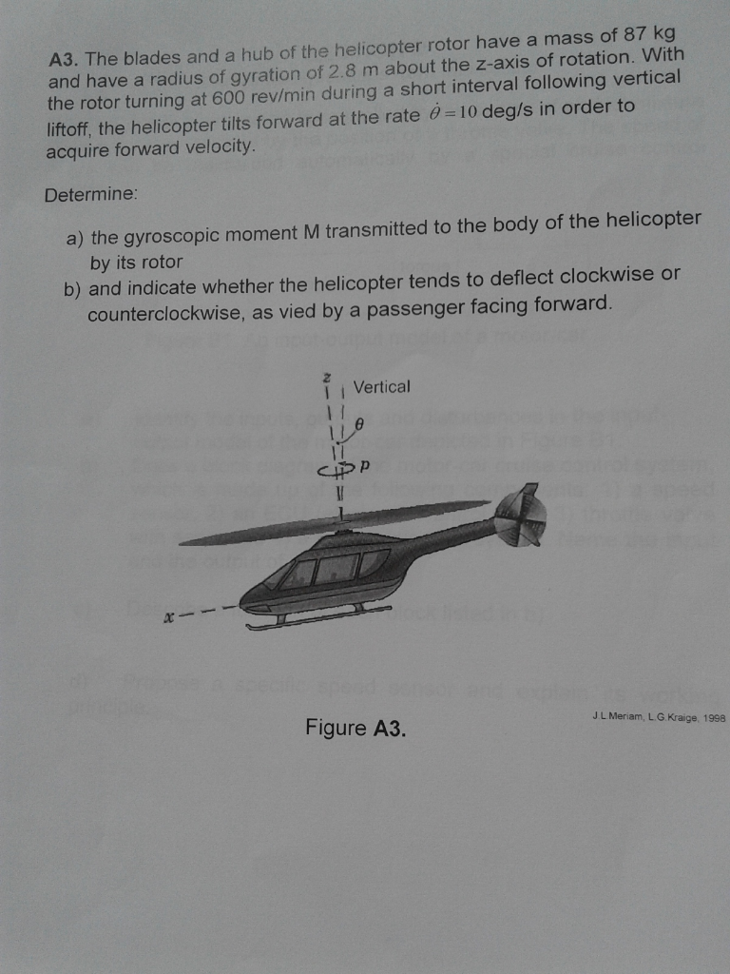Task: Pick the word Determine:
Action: pyautogui.click(x=91, y=194)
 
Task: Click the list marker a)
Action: pyautogui.click(x=75, y=238)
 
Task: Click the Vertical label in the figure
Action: pyautogui.click(x=381, y=387)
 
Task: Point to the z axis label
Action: pyautogui.click(x=327, y=378)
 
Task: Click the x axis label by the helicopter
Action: pyautogui.click(x=167, y=617)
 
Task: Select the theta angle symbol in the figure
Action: pyautogui.click(x=359, y=419)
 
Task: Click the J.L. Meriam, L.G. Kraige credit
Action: pyautogui.click(x=657, y=720)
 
